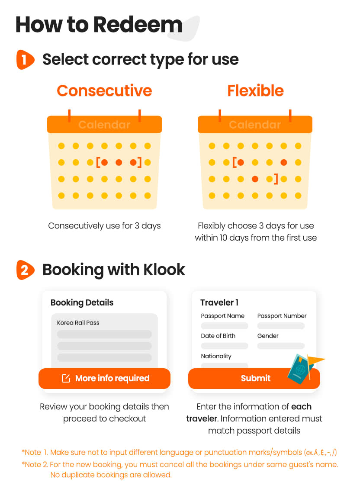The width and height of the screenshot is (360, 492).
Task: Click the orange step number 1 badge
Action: pos(25,59)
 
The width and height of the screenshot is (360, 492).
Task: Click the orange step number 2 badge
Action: pos(25,270)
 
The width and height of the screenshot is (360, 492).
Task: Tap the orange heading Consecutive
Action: pos(104,91)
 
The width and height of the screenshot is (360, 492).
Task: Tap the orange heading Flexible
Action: pos(255,91)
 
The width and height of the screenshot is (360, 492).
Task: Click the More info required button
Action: pos(105,379)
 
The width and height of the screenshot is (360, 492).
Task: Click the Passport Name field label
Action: pos(222,316)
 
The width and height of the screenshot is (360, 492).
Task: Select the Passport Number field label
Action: pos(282,316)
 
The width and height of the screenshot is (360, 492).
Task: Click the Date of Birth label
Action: pos(218,336)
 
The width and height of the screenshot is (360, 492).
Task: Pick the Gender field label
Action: pos(268,336)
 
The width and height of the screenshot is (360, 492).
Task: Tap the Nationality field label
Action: pos(216,356)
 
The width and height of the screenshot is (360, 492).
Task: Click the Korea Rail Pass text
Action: pos(78,322)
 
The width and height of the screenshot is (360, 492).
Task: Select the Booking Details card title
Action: pos(82,302)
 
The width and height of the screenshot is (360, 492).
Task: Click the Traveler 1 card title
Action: pos(219,302)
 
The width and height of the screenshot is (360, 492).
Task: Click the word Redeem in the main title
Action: pos(138,25)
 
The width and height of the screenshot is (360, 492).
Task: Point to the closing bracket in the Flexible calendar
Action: pos(276,179)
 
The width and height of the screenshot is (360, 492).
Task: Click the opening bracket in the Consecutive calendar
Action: pos(98,162)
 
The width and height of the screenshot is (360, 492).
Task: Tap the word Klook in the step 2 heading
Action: pos(164,270)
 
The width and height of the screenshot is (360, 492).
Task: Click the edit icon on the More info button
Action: pos(66,379)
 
